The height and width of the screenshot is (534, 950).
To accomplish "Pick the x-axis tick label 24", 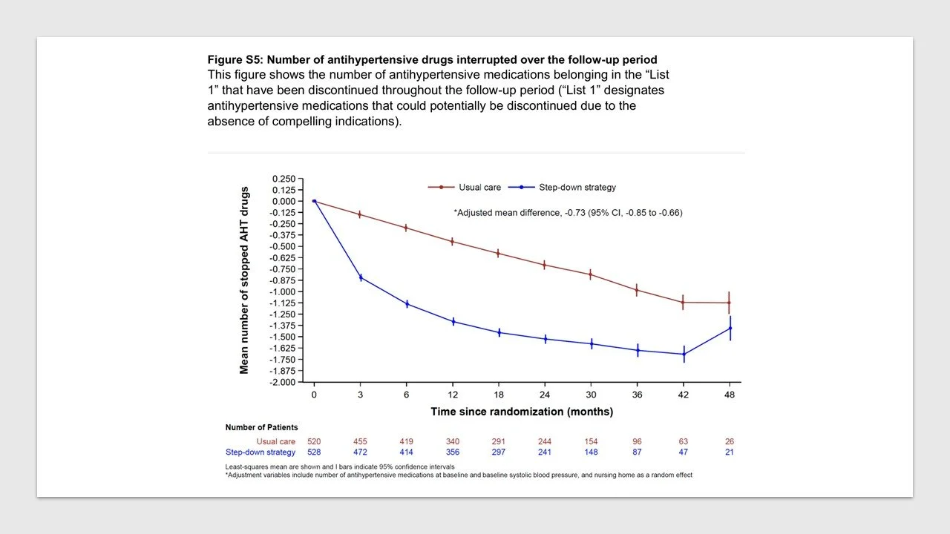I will click(546, 395).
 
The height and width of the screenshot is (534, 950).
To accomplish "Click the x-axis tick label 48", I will click(730, 395).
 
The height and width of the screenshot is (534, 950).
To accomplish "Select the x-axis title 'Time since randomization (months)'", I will click(522, 412).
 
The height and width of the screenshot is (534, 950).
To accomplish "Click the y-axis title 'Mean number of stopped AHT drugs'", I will click(244, 280).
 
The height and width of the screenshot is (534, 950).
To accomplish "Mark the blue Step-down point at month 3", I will click(361, 277).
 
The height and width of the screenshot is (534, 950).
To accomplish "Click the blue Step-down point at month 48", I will click(730, 328).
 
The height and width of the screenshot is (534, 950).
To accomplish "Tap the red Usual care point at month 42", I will click(684, 302).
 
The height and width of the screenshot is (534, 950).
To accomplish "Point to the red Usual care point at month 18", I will click(499, 253).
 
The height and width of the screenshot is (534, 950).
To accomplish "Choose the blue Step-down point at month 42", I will click(684, 354).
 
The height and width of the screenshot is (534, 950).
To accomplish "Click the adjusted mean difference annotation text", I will click(568, 213).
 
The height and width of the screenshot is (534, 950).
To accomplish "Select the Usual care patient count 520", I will click(314, 442).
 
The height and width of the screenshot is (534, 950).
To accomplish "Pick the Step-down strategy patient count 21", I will click(730, 452).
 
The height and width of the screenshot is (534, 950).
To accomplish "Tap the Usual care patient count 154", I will click(592, 442).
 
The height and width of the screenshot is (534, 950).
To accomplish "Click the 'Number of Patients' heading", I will click(261, 427).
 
